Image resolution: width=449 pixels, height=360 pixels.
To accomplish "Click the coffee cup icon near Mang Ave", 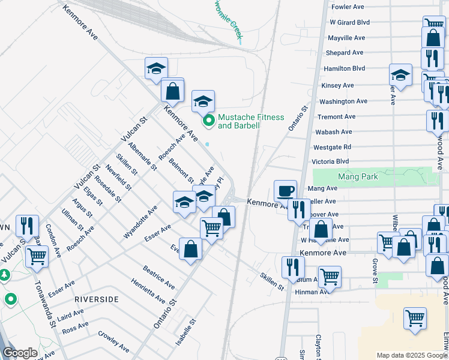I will pyautogui.click(x=286, y=191).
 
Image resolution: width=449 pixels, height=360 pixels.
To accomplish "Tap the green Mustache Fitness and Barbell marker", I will pyautogui.click(x=209, y=121).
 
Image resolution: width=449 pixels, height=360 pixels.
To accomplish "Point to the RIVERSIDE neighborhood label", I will pyautogui.click(x=97, y=299).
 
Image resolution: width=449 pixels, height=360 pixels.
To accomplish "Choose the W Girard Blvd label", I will pyautogui.click(x=349, y=22).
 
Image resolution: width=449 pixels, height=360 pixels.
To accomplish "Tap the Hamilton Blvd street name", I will pyautogui.click(x=344, y=69).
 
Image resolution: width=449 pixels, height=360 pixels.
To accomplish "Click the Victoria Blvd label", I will pyautogui.click(x=330, y=162).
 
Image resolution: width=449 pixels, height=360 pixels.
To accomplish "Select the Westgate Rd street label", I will pyautogui.click(x=332, y=147).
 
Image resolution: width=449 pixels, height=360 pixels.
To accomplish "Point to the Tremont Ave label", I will pyautogui.click(x=337, y=117).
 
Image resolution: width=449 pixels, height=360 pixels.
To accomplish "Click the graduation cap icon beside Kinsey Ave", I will pyautogui.click(x=400, y=76).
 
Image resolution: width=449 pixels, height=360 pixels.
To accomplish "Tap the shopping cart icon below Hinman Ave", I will pyautogui.click(x=415, y=319).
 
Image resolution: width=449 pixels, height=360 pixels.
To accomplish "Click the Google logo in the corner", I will pyautogui.click(x=20, y=353).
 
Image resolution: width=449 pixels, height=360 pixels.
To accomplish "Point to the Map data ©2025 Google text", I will pyautogui.click(x=412, y=355).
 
